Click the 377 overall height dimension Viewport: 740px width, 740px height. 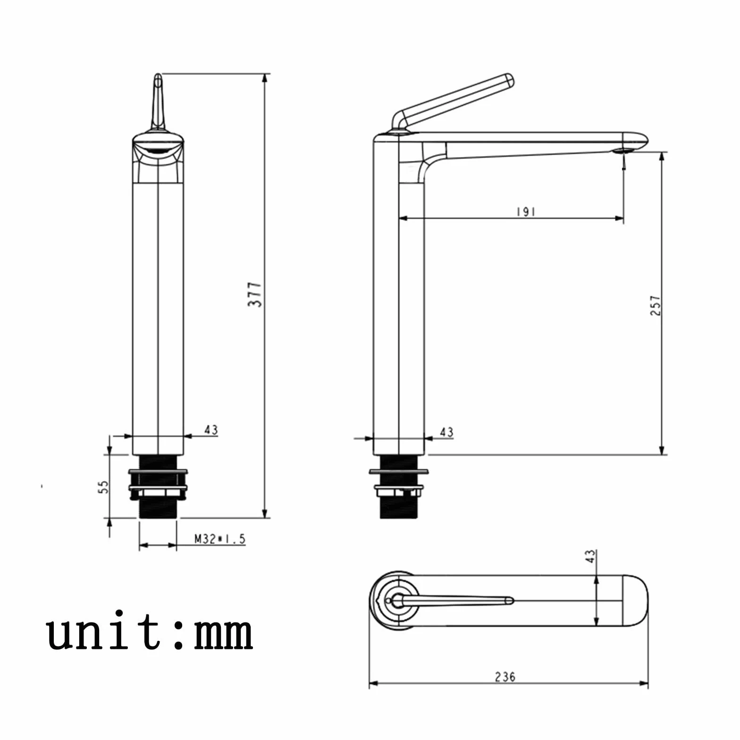(x=255, y=294)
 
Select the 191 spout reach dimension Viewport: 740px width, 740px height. (x=526, y=212)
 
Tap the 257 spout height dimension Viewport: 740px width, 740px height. (x=656, y=305)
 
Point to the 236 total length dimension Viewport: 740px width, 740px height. (x=505, y=677)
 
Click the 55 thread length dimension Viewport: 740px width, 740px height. (x=104, y=487)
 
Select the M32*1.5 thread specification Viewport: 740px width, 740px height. (x=220, y=539)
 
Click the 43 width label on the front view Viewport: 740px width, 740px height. (x=211, y=430)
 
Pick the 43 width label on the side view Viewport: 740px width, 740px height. (x=446, y=432)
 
